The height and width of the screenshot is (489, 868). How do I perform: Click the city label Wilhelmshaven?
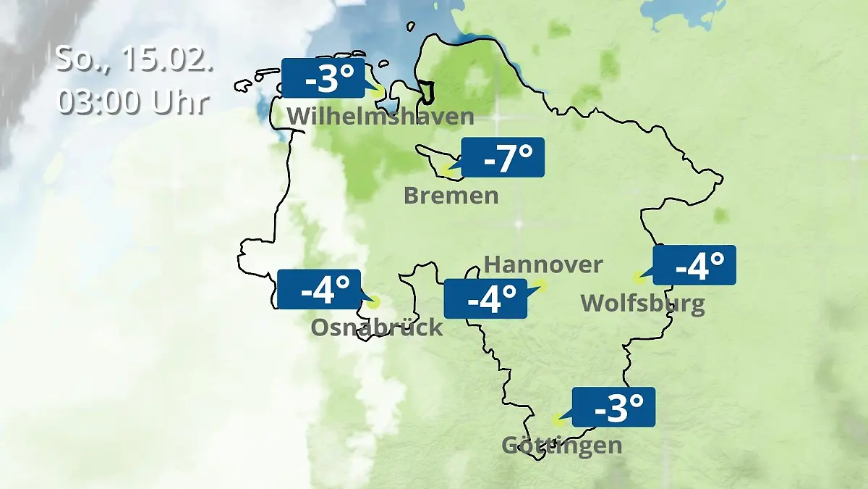pyautogui.click(x=380, y=117)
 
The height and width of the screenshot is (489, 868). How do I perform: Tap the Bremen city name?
pyautogui.click(x=451, y=196)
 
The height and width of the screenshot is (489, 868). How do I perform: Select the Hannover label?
pyautogui.click(x=542, y=264)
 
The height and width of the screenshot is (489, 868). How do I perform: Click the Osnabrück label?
pyautogui.click(x=376, y=327)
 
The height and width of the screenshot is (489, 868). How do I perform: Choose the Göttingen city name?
pyautogui.click(x=561, y=444)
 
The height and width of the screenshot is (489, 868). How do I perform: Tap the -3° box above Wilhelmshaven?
pyautogui.click(x=323, y=79)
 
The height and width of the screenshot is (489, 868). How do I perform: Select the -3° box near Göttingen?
pyautogui.click(x=613, y=407)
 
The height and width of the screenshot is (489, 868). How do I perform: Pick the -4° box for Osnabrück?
pyautogui.click(x=318, y=289)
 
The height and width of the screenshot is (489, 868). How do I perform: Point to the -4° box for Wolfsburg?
pyautogui.click(x=694, y=265)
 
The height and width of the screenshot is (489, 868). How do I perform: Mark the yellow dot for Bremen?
pyautogui.click(x=448, y=172)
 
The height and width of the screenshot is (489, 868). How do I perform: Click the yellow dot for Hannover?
pyautogui.click(x=542, y=285)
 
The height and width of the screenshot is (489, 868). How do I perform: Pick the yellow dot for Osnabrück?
pyautogui.click(x=373, y=303)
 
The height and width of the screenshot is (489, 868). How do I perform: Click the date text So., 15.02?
pyautogui.click(x=135, y=59)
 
